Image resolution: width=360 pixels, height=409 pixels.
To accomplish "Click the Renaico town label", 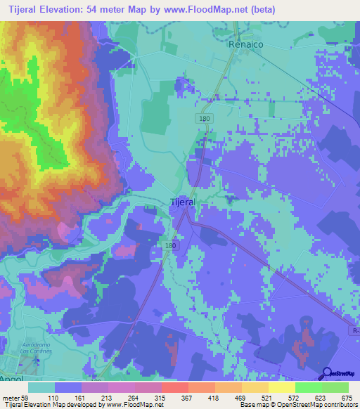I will pos(244,44).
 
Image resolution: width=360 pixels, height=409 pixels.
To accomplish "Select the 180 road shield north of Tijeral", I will pos(205,119).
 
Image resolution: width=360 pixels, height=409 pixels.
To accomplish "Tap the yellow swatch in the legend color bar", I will pos(281,387).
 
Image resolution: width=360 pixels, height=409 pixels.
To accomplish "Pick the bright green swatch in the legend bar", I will pos(308,387).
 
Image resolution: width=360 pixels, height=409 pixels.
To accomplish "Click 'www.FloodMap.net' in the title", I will pos(210,9).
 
